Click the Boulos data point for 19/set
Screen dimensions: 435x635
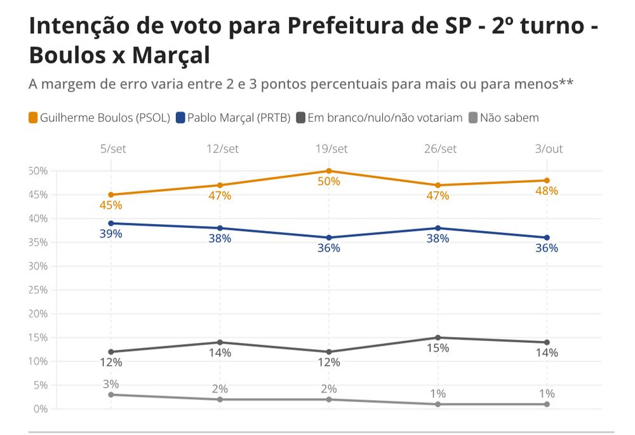pyautogui.click(x=329, y=171)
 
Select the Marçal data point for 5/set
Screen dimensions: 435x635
pyautogui.click(x=110, y=224)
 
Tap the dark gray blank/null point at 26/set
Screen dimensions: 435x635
pyautogui.click(x=438, y=338)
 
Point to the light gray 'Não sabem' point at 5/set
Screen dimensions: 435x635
pyautogui.click(x=110, y=395)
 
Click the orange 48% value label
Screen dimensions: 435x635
pyautogui.click(x=547, y=191)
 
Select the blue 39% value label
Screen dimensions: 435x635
pyautogui.click(x=110, y=234)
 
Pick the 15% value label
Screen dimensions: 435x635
pyautogui.click(x=438, y=348)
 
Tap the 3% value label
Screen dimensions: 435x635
pyautogui.click(x=110, y=384)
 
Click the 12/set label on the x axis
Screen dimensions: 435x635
pyautogui.click(x=220, y=149)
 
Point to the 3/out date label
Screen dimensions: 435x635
pyautogui.click(x=547, y=149)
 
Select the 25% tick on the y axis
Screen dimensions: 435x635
pyautogui.click(x=38, y=290)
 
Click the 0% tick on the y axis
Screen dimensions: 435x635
pyautogui.click(x=41, y=409)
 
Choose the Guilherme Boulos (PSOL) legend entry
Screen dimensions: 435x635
pyautogui.click(x=99, y=117)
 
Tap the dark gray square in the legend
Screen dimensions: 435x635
pyautogui.click(x=301, y=117)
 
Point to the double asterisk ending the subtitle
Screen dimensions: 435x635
pyautogui.click(x=567, y=83)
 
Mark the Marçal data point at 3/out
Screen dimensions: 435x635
pyautogui.click(x=547, y=238)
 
